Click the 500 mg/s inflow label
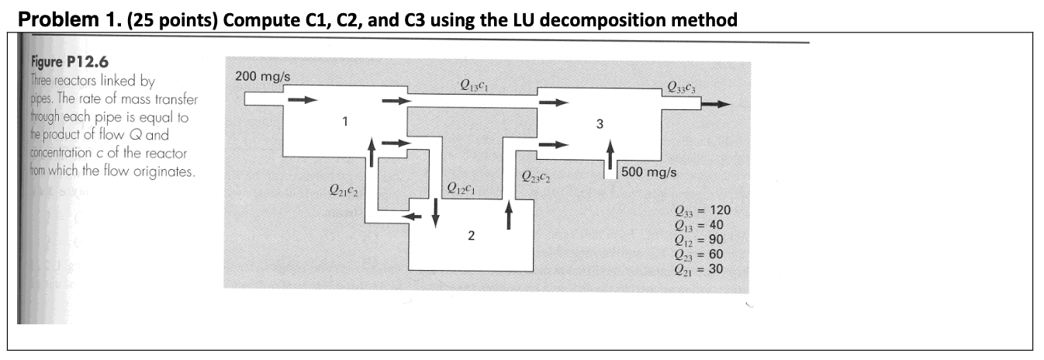(648, 172)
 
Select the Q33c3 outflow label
(680, 88)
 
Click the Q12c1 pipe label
(462, 188)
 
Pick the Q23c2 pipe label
(537, 176)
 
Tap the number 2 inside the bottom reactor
(471, 235)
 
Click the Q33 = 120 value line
(703, 210)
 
